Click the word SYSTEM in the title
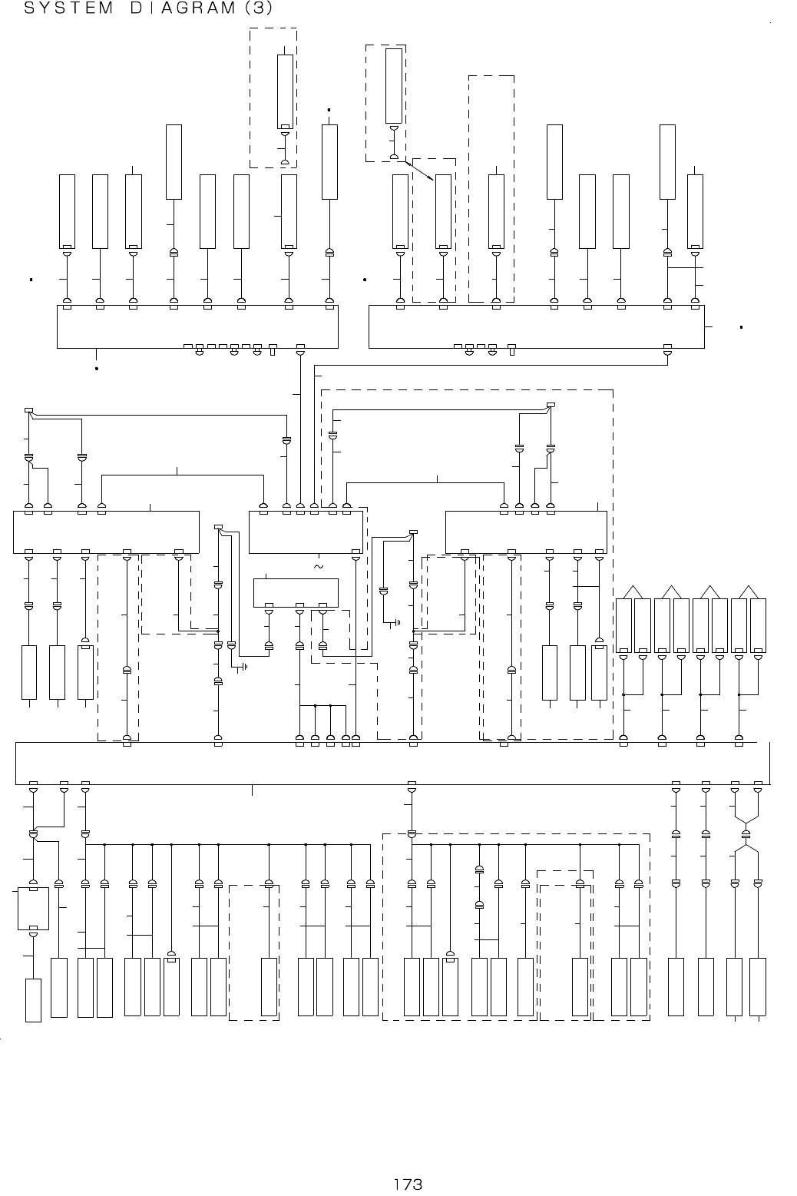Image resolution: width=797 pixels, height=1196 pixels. (x=58, y=9)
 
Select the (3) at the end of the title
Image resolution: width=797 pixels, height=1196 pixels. (x=258, y=9)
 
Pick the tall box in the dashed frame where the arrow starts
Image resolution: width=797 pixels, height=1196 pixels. (x=394, y=87)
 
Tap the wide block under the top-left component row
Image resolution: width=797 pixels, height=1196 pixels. (x=197, y=326)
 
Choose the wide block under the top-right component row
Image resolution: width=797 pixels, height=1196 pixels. (x=536, y=326)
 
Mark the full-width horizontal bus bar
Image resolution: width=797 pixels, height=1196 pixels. (x=392, y=764)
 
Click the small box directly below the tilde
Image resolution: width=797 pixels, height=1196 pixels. (x=296, y=592)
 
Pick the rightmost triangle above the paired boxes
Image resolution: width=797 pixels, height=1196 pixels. (x=749, y=591)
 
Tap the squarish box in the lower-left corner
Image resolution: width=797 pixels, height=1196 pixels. (x=33, y=909)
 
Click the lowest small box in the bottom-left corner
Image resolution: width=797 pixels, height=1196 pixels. (x=33, y=1000)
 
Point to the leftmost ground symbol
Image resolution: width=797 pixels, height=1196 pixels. (x=243, y=666)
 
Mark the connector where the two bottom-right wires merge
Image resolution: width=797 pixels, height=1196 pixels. (x=746, y=834)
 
